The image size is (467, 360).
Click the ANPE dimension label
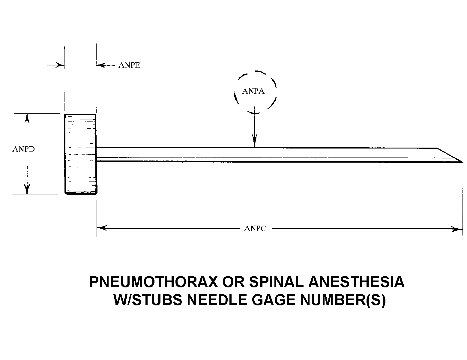click(129, 65)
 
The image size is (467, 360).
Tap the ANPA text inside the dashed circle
click(253, 91)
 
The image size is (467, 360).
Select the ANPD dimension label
click(23, 149)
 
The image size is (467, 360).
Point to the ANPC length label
click(255, 229)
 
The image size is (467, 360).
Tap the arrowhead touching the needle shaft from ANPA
click(255, 142)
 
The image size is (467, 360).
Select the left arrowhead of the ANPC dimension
click(102, 228)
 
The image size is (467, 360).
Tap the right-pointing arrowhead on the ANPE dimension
click(60, 65)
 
